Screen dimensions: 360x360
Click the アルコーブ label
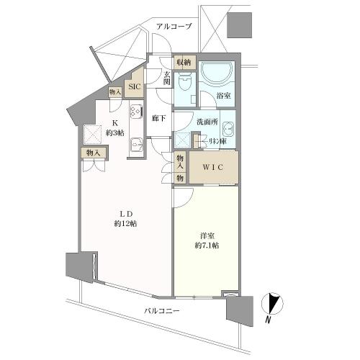click(x=174, y=27)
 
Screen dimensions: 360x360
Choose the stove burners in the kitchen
click(x=135, y=112)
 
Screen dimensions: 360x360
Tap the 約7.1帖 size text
click(x=206, y=246)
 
